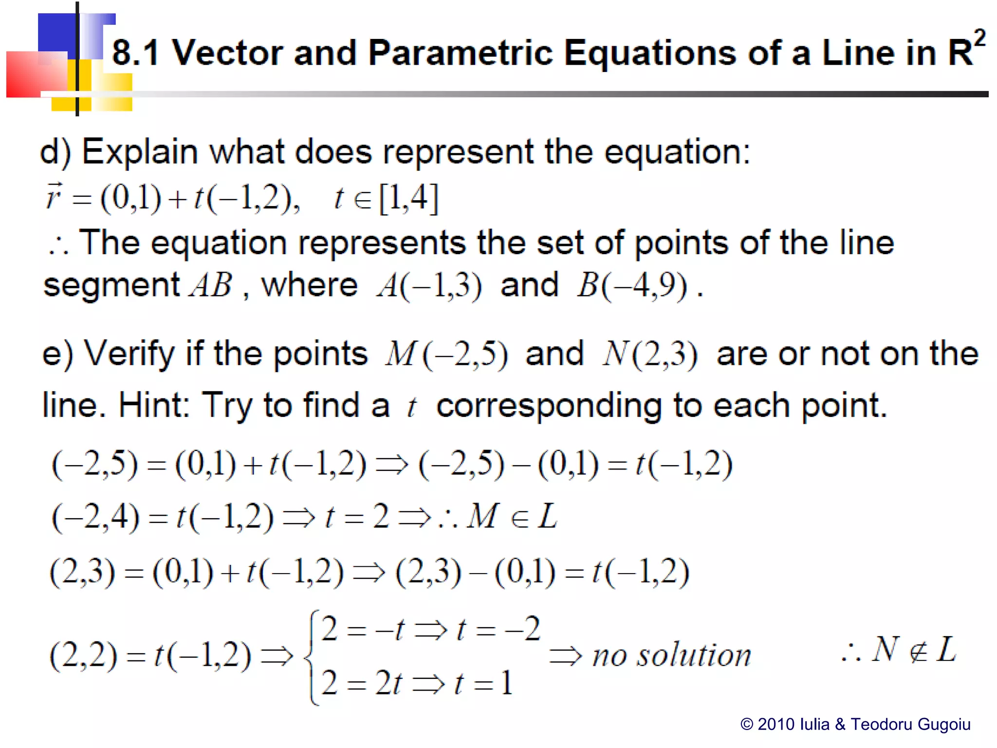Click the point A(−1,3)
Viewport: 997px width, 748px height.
click(429, 285)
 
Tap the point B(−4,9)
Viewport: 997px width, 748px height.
click(632, 285)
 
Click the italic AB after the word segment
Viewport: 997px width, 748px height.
click(211, 285)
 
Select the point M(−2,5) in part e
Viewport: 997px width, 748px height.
click(446, 354)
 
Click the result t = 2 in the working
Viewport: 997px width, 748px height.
click(357, 517)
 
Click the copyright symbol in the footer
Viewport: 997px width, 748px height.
click(747, 725)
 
